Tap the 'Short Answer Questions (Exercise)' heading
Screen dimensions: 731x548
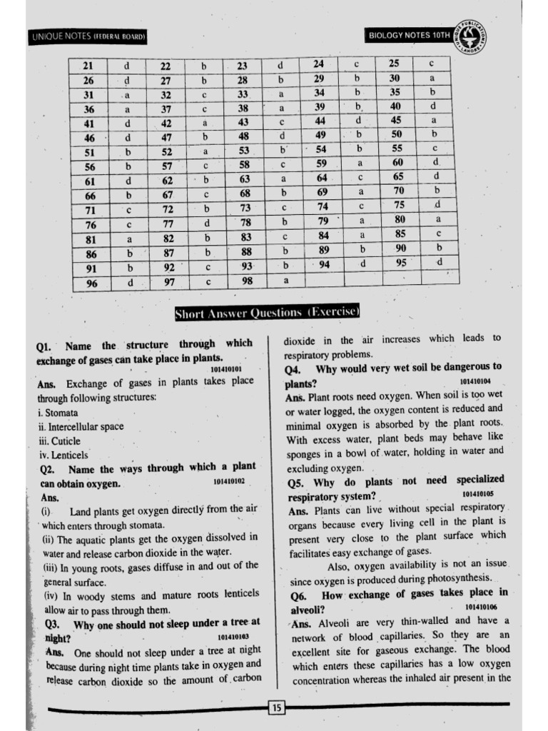pyautogui.click(x=268, y=312)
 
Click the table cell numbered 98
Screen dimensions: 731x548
pyautogui.click(x=246, y=281)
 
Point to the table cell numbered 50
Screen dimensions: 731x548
pyautogui.click(x=397, y=134)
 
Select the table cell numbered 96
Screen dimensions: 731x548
pyautogui.click(x=91, y=283)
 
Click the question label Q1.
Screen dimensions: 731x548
pyautogui.click(x=44, y=347)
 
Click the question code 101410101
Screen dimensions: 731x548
pyautogui.click(x=226, y=369)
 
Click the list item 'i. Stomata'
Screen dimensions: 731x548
pyautogui.click(x=58, y=413)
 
